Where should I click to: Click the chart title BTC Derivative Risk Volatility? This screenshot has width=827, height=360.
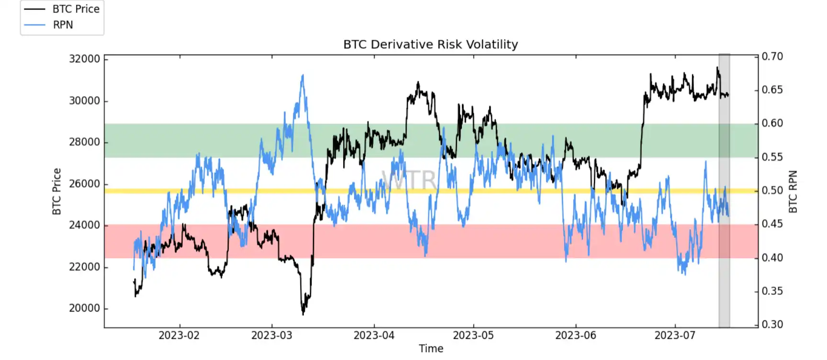click(x=430, y=45)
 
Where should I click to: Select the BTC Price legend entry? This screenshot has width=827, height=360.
click(x=76, y=9)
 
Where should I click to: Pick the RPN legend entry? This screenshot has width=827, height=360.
click(x=63, y=25)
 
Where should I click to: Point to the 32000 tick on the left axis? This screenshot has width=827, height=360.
click(x=85, y=59)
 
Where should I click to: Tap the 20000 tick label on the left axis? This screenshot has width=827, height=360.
click(x=85, y=308)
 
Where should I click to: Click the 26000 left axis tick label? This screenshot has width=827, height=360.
click(x=85, y=184)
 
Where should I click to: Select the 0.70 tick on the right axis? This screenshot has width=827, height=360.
click(x=772, y=56)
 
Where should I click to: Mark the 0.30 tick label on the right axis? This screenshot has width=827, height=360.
click(x=772, y=325)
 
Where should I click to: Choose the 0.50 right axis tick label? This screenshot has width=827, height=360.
click(x=772, y=191)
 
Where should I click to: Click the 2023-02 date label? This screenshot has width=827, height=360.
click(x=179, y=336)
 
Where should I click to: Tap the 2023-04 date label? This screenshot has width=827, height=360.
click(x=374, y=336)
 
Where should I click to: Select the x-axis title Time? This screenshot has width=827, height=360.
click(x=431, y=349)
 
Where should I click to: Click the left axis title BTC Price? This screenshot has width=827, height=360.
click(x=57, y=191)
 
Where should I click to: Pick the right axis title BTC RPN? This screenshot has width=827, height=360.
click(x=793, y=191)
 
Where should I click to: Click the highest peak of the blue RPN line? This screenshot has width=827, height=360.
click(x=302, y=75)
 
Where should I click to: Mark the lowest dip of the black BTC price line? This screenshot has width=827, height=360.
click(x=303, y=314)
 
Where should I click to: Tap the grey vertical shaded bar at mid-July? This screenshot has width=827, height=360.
click(x=724, y=191)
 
